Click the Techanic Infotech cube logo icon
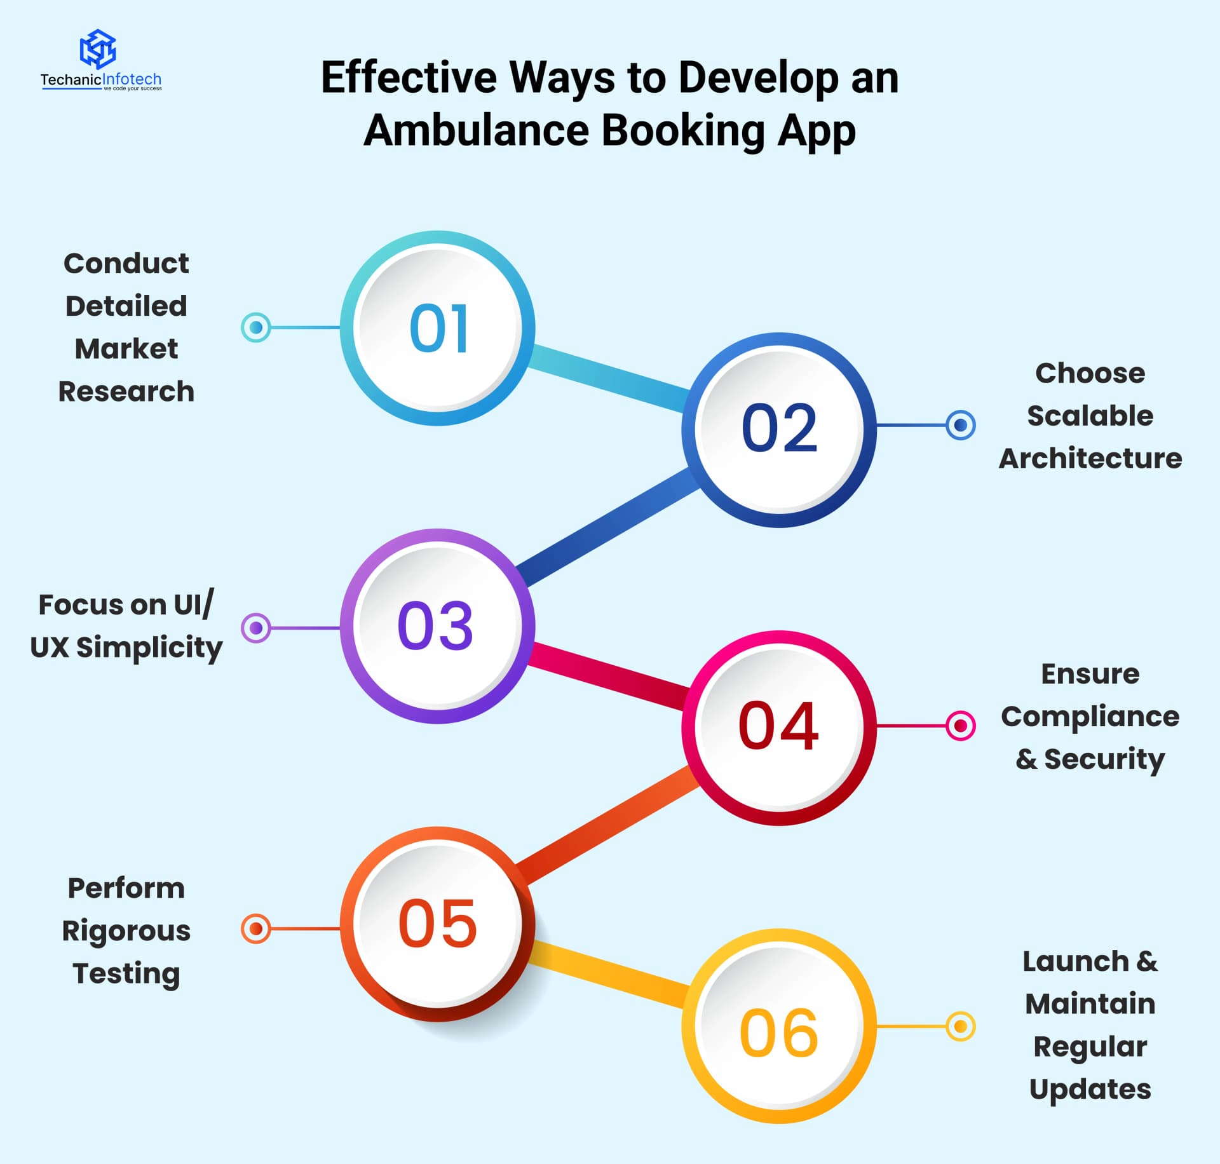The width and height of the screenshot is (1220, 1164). click(x=97, y=49)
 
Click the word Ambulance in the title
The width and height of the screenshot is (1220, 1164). click(x=477, y=130)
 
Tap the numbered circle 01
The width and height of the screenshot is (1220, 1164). click(x=437, y=328)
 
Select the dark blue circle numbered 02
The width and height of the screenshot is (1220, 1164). click(x=779, y=430)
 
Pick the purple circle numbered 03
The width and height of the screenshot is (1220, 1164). click(x=437, y=626)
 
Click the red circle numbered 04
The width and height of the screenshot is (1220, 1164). click(x=779, y=727)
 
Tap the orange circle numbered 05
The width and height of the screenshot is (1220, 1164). click(x=437, y=924)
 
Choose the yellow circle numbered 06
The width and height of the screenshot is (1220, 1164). click(x=779, y=1026)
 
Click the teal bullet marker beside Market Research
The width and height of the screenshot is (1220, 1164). click(x=256, y=328)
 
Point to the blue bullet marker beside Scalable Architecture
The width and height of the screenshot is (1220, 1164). click(x=961, y=425)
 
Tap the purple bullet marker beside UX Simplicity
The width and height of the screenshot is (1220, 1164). click(x=256, y=628)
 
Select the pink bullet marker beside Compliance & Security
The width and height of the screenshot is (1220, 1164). click(x=961, y=726)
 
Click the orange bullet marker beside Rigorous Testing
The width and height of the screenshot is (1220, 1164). click(x=256, y=929)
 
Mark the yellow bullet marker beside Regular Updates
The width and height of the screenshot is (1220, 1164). click(x=961, y=1026)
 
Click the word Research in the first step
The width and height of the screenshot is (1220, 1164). click(x=126, y=391)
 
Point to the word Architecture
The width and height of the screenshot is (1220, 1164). click(x=1090, y=458)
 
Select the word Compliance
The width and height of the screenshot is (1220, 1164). click(x=1090, y=717)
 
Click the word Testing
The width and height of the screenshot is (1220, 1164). click(x=126, y=974)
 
